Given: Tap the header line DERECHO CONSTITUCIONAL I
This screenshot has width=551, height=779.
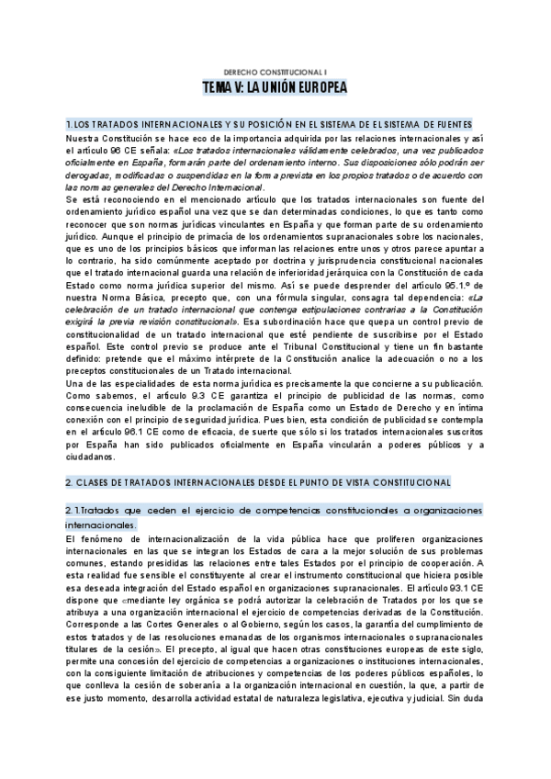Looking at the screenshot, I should pyautogui.click(x=275, y=71).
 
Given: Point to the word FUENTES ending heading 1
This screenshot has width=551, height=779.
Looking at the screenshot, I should pyautogui.click(x=452, y=123).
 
